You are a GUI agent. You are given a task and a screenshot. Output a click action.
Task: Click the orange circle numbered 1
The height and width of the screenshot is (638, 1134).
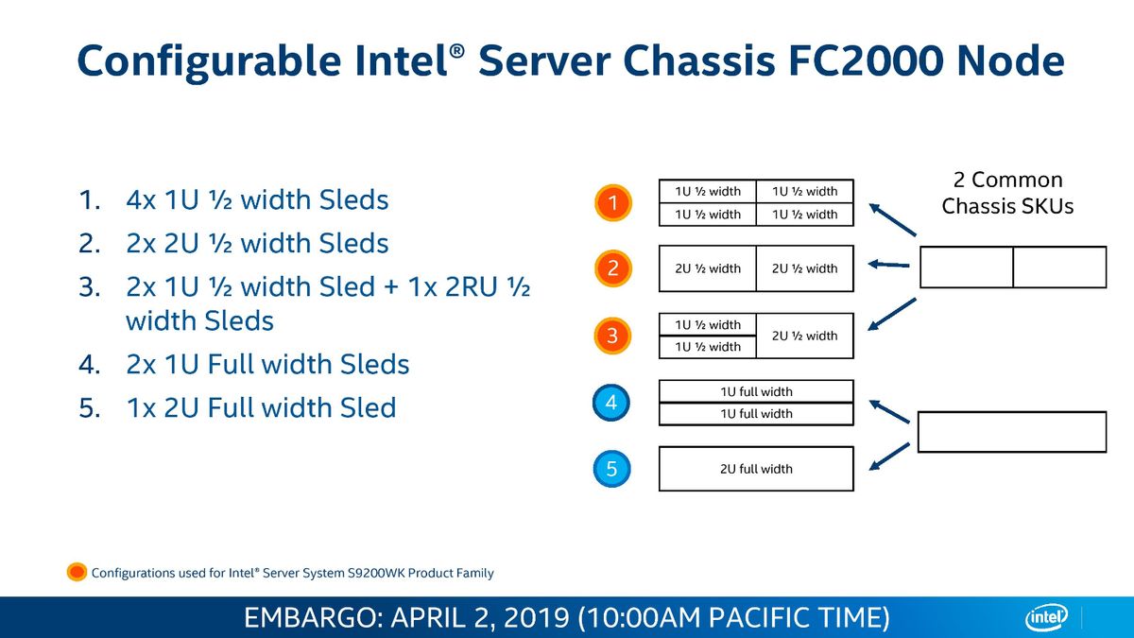pyautogui.click(x=612, y=202)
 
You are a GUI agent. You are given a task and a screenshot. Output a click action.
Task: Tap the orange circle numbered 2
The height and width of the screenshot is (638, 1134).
pyautogui.click(x=612, y=268)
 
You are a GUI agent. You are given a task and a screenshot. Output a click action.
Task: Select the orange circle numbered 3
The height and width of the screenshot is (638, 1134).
pyautogui.click(x=612, y=336)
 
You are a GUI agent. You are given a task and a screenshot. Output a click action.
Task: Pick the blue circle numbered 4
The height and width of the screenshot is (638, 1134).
pyautogui.click(x=611, y=403)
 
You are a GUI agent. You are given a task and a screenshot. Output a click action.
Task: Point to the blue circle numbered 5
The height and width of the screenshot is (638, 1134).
pyautogui.click(x=611, y=469)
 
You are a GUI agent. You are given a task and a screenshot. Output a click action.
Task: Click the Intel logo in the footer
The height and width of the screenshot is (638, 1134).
pyautogui.click(x=1046, y=617)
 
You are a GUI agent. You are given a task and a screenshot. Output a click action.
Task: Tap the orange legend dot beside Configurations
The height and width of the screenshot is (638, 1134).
pyautogui.click(x=77, y=572)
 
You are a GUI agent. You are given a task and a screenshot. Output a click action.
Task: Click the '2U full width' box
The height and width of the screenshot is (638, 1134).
pyautogui.click(x=756, y=469)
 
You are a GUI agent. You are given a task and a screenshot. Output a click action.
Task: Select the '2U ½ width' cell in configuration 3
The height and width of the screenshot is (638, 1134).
pyautogui.click(x=804, y=336)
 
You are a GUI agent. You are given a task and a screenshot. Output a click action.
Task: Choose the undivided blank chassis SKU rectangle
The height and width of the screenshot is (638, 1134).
pyautogui.click(x=1012, y=432)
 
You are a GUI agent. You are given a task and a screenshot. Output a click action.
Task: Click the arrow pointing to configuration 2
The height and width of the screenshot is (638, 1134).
pyautogui.click(x=889, y=265)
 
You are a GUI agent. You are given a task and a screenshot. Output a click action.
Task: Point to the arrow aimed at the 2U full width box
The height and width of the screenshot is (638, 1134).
pyautogui.click(x=889, y=457)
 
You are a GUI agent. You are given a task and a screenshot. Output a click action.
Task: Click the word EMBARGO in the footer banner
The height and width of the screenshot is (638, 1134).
pyautogui.click(x=313, y=618)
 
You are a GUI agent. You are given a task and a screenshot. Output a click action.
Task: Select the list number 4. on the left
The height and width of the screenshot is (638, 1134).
pyautogui.click(x=90, y=364)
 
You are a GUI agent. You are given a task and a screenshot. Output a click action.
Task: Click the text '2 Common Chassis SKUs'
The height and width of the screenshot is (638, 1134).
pyautogui.click(x=1007, y=193)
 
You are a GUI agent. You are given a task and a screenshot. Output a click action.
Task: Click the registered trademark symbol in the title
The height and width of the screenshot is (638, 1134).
pyautogui.click(x=456, y=50)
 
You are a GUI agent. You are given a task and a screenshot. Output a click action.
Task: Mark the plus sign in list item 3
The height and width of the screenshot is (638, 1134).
pyautogui.click(x=391, y=287)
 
